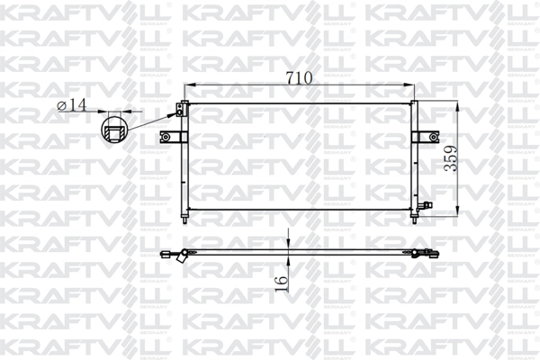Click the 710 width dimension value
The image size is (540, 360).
(299, 78)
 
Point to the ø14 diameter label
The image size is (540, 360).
(71, 105)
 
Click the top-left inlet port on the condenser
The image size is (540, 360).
(180, 110)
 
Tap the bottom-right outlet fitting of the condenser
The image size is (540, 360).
(426, 208)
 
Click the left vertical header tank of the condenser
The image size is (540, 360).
(184, 162)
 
